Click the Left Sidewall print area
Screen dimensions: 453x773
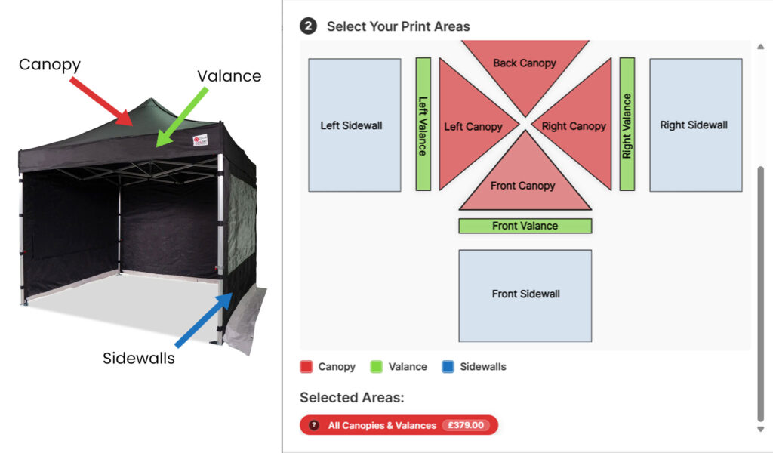pos(354,125)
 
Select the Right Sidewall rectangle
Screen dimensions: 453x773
pos(695,125)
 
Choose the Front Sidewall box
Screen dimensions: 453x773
pos(525,295)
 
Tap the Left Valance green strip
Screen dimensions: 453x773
pos(423,124)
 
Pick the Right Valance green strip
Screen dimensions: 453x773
pos(627,124)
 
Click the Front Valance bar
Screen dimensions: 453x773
pos(525,226)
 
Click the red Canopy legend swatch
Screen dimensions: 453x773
pos(306,367)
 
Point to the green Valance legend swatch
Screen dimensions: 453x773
pos(376,367)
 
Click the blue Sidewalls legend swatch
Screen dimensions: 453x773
pos(448,367)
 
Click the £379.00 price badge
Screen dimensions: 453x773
pos(466,425)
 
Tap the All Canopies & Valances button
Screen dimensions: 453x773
pos(382,425)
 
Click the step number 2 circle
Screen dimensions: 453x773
pos(308,26)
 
